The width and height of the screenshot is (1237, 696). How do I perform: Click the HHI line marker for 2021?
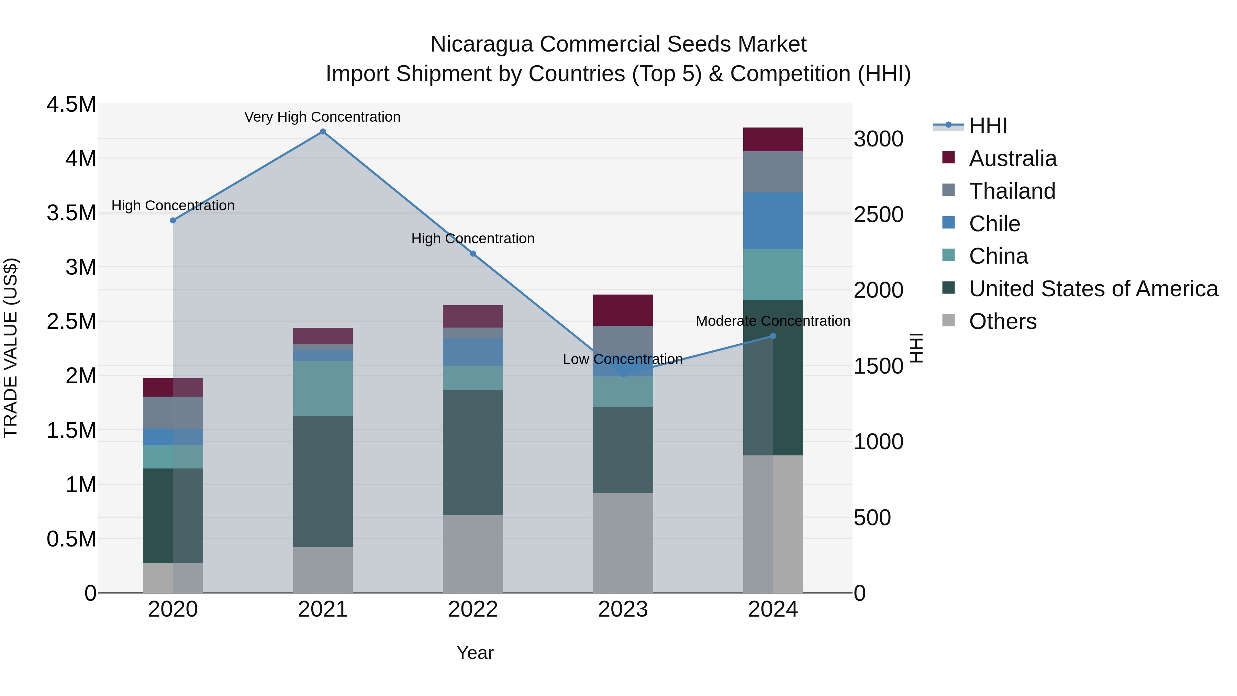tap(323, 132)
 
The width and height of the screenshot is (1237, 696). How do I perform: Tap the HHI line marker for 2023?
tap(623, 374)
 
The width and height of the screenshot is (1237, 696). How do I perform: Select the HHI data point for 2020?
tap(173, 220)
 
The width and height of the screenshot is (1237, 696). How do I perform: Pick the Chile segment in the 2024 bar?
tap(773, 221)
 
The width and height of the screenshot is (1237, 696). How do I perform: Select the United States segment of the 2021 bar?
tap(323, 481)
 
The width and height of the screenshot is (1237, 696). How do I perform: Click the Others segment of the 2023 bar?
tap(623, 543)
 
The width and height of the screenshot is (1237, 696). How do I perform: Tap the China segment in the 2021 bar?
tap(323, 388)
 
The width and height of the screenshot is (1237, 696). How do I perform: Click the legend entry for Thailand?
tap(1012, 191)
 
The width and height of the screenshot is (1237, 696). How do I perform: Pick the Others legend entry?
tap(1003, 321)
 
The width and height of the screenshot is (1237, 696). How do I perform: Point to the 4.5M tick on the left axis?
tap(71, 104)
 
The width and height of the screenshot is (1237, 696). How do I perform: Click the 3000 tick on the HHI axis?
tap(878, 139)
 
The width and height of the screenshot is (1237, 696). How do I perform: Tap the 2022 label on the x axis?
tap(472, 609)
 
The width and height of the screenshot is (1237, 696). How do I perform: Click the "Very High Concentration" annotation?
tap(322, 117)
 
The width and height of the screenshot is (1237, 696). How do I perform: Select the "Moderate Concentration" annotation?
tap(773, 321)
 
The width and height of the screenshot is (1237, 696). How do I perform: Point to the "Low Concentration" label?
tap(622, 359)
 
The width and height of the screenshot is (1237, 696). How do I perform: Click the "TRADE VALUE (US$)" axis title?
tap(11, 348)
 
